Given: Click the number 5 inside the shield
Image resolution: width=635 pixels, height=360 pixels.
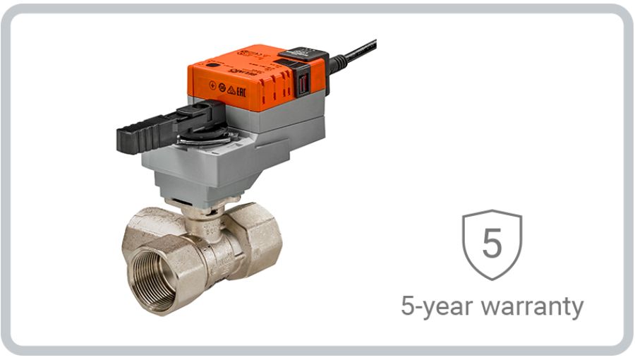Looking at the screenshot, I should click(492, 241).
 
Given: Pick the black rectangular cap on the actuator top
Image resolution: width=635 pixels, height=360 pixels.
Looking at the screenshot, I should click(302, 54).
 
